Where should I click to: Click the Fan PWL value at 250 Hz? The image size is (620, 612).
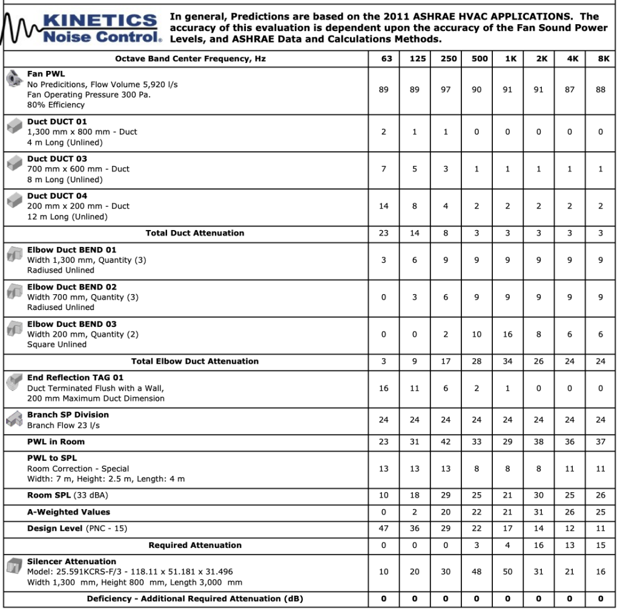click(446, 90)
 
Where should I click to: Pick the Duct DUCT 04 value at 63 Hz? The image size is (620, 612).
click(384, 206)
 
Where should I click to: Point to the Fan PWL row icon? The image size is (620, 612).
click(13, 79)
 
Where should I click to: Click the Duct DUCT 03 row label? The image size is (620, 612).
click(57, 159)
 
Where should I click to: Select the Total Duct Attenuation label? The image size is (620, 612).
click(195, 233)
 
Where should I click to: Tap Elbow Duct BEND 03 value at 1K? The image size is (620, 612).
click(507, 334)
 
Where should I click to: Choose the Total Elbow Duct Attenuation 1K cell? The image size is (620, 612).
click(507, 361)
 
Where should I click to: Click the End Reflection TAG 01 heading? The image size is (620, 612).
click(75, 378)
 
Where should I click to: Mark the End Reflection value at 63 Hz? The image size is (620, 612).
click(384, 388)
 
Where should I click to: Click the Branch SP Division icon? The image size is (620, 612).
click(13, 420)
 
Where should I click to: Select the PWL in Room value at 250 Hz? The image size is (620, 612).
click(446, 442)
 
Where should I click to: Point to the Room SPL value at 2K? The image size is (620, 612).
click(538, 495)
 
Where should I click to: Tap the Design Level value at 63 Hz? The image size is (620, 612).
click(384, 528)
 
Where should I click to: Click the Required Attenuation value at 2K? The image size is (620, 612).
click(538, 545)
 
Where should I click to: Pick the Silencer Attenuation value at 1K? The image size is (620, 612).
click(507, 571)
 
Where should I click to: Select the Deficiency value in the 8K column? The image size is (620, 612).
click(601, 599)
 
